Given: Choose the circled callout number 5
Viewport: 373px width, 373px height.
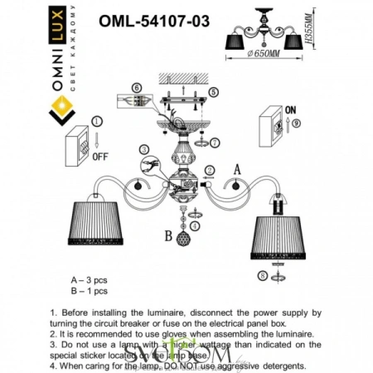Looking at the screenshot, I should click(x=213, y=92).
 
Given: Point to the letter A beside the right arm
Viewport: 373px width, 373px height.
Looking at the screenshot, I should click(x=237, y=167).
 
